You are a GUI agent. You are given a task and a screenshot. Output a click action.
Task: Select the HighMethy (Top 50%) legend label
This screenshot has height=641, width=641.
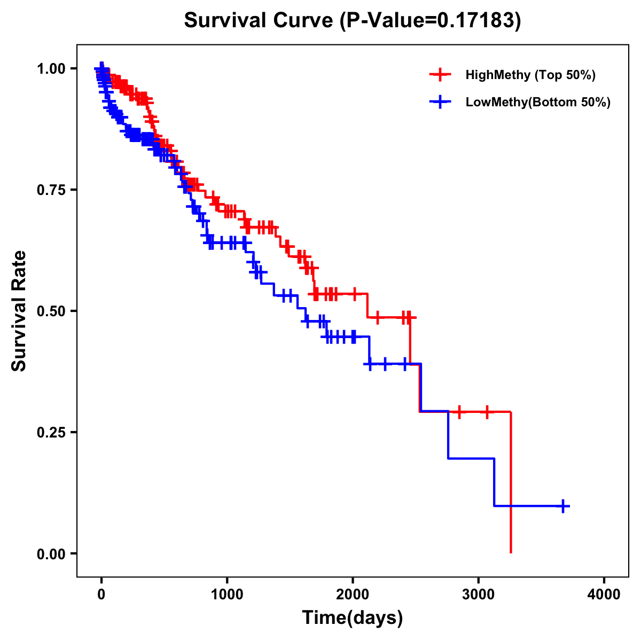pos(530,75)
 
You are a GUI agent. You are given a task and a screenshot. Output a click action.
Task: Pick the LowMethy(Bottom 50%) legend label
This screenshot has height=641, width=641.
pos(537,102)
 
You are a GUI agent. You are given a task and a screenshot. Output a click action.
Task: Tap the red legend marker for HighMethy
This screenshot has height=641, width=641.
pos(440,75)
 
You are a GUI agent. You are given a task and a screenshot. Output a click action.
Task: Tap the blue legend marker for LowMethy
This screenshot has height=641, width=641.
pos(440,102)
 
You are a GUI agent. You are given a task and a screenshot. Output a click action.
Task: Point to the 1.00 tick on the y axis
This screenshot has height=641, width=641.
pos(51,68)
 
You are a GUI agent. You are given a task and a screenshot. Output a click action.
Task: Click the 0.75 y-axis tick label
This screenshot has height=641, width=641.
pos(51,190)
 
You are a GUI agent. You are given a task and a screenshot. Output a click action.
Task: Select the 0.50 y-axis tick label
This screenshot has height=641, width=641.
pos(51,311)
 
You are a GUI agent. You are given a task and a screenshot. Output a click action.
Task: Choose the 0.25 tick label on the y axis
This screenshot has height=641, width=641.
pos(51,432)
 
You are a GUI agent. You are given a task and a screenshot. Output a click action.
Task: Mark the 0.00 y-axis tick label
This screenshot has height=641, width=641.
pos(51,553)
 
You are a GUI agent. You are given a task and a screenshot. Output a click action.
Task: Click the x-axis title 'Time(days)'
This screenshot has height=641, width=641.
pos(353,618)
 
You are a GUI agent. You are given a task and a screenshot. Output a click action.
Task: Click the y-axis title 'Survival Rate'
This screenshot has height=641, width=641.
pos(19,311)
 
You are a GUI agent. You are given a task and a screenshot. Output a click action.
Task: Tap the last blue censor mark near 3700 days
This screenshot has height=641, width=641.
pos(563,506)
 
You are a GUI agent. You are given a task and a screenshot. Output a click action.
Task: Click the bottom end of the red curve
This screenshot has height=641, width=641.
pos(511,552)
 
